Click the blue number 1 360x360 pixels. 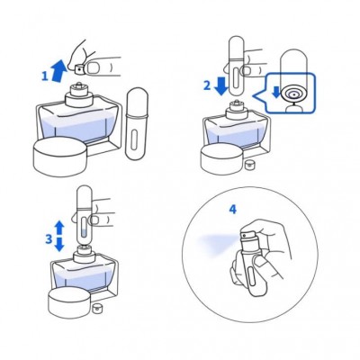pos(45,76)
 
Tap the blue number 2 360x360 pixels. pos(207,85)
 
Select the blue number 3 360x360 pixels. pos(49,239)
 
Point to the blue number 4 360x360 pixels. pos(233,209)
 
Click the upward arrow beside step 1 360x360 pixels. pos(59,71)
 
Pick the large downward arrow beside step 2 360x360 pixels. pos(221,85)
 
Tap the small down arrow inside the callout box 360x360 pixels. pos(275,92)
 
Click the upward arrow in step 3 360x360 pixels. pos(59,228)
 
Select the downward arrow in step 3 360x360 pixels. pos(59,245)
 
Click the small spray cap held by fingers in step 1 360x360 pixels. pos(79,68)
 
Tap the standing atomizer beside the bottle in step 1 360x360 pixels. pos(136,123)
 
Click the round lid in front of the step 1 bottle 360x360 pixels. pos(60,157)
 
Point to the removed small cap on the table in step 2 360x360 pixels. pos(248,166)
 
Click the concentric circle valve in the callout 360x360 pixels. pos(293,94)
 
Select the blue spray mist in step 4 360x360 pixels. pos(218,244)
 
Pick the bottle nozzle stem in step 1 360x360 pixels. pos(79,85)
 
